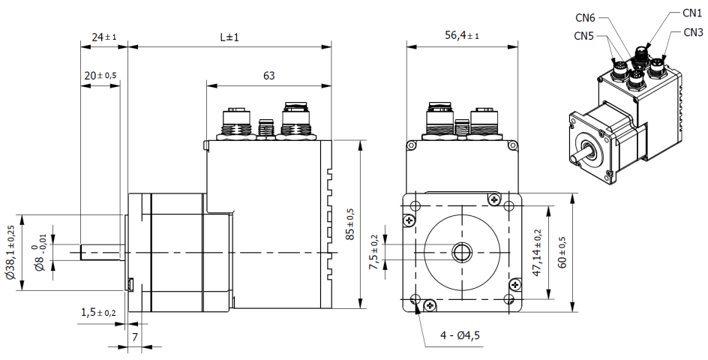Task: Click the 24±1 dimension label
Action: [103, 37]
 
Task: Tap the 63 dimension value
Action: [268, 75]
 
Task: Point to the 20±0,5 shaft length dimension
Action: [100, 75]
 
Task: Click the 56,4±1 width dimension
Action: [461, 37]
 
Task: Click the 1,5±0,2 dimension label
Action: [98, 313]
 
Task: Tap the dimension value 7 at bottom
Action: [135, 338]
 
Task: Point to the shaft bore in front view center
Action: [460, 252]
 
